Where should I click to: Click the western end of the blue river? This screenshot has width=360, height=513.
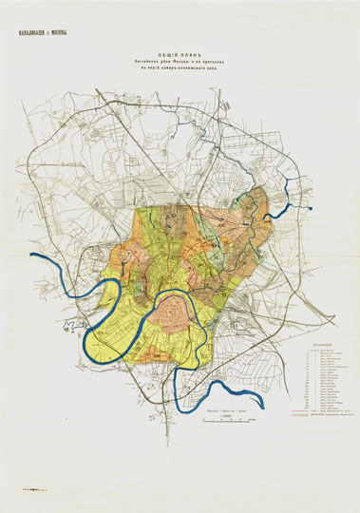32,256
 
